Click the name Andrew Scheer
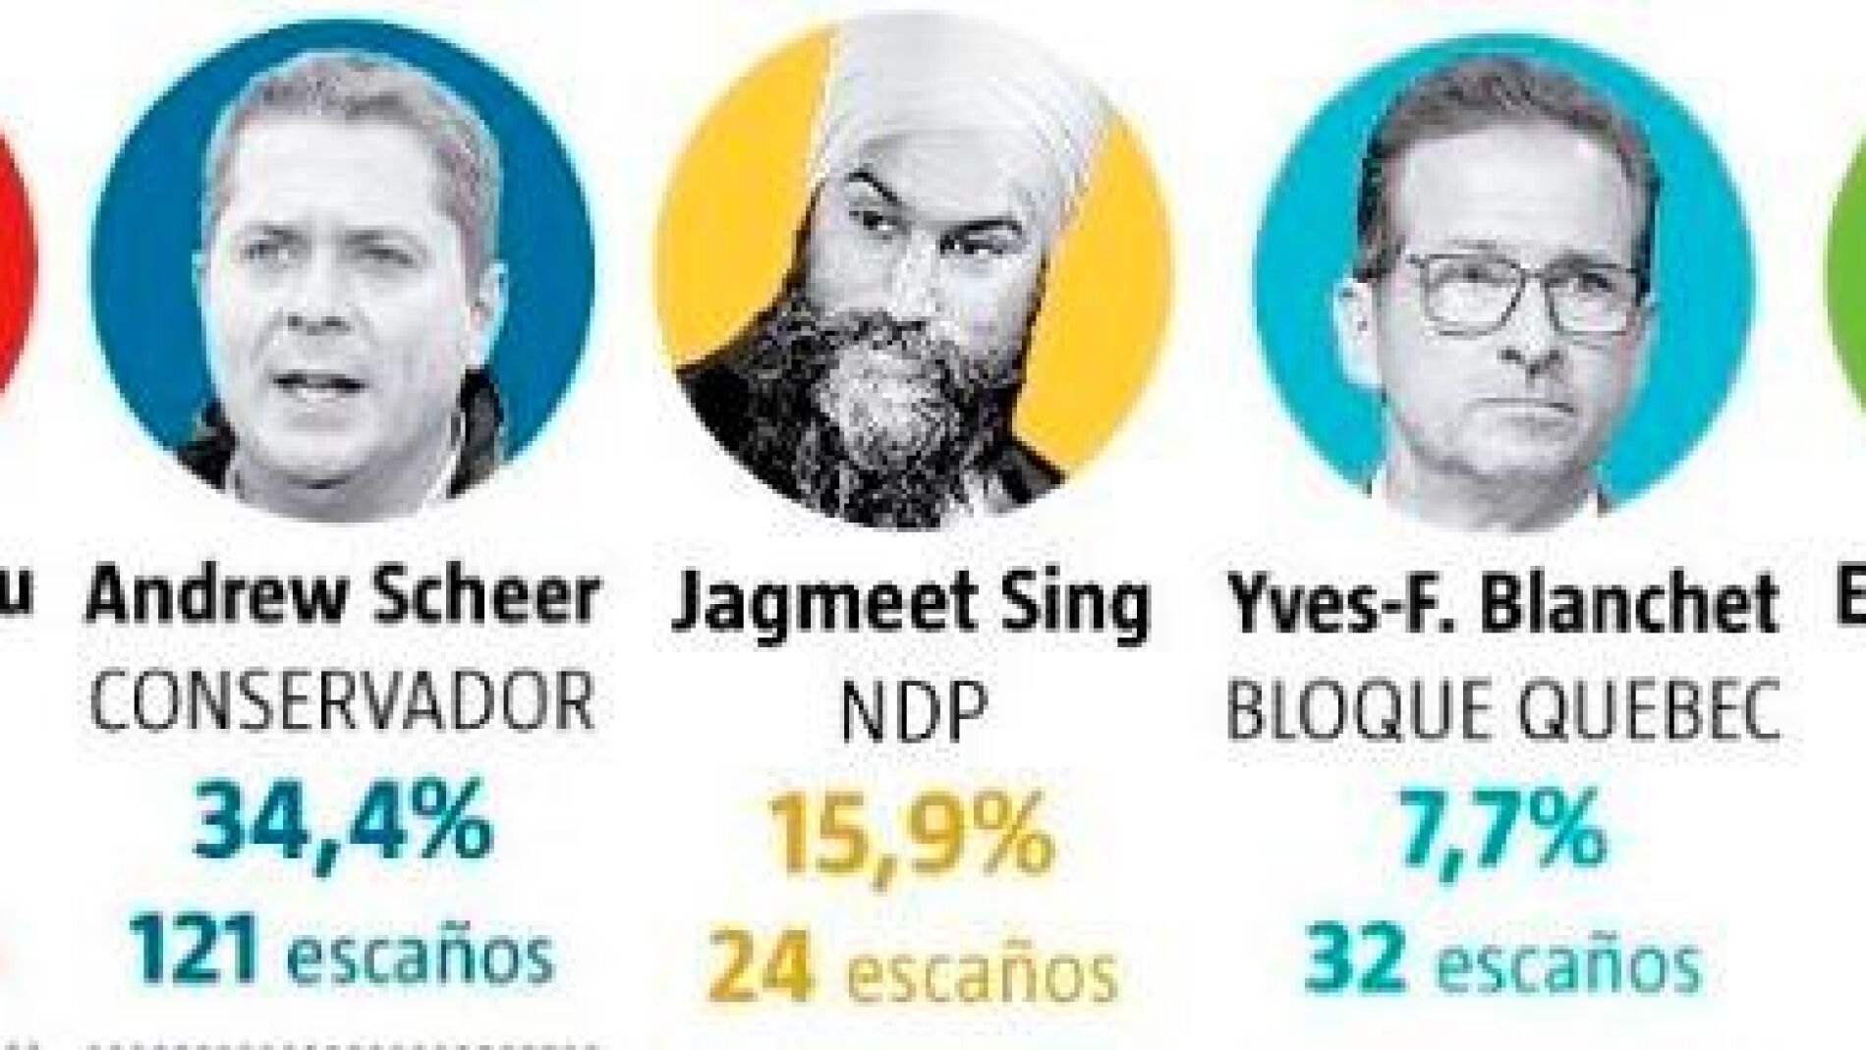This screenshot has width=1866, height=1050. [341, 596]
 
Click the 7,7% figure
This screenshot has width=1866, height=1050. [1503, 832]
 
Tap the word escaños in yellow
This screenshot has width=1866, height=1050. [983, 969]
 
